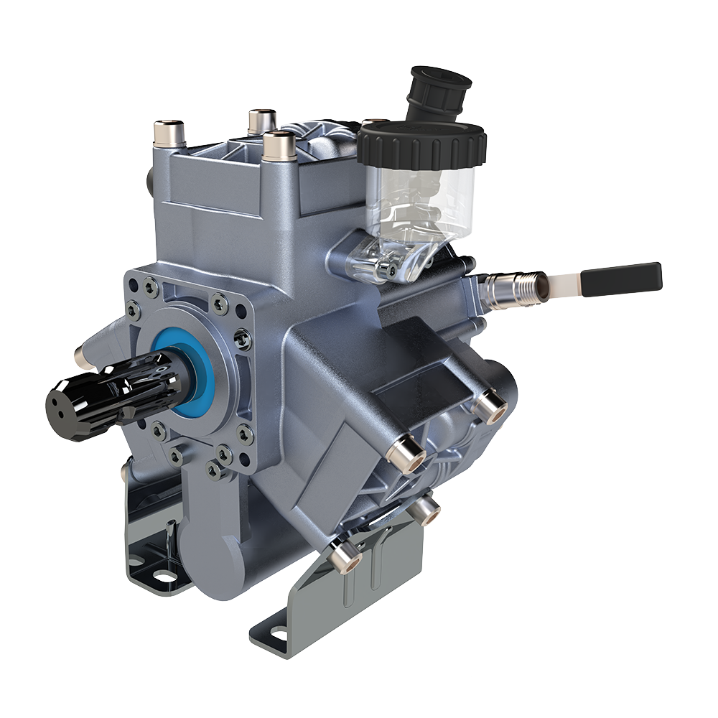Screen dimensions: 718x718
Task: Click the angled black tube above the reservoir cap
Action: pyautogui.click(x=438, y=91)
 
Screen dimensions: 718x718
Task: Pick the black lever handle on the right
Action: pyautogui.click(x=621, y=279)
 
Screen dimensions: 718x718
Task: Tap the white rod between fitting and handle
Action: pyautogui.click(x=563, y=285)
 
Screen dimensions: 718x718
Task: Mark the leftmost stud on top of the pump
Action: pyautogui.click(x=169, y=133)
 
